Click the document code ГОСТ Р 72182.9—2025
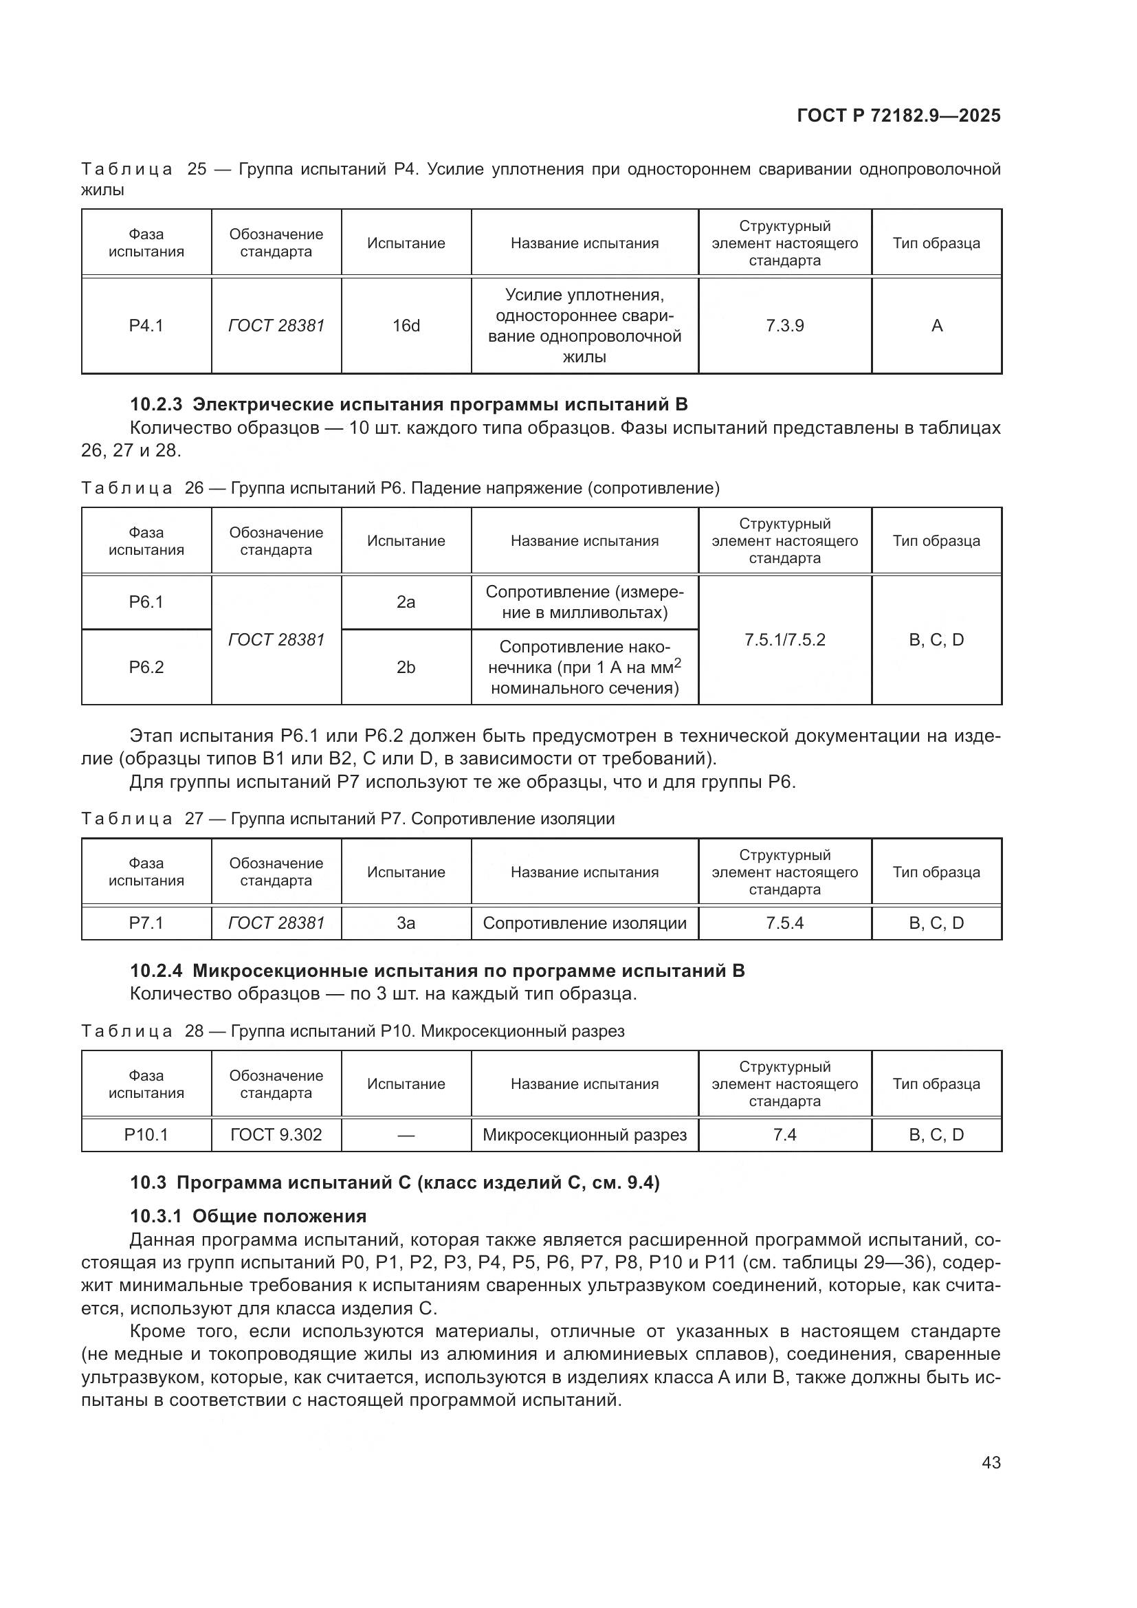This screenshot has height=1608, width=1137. [x=898, y=115]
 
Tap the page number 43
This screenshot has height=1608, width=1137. [x=991, y=1462]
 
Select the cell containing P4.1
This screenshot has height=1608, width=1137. [x=146, y=326]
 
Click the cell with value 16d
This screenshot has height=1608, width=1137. [x=406, y=326]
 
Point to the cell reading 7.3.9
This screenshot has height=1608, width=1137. [x=784, y=326]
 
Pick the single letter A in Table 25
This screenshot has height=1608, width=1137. [x=937, y=326]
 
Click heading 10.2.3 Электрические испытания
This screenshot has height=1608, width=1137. [x=409, y=404]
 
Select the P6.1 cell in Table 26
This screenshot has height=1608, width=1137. [x=146, y=602]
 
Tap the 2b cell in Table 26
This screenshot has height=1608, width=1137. [x=406, y=668]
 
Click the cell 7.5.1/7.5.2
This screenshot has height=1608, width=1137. [x=784, y=639]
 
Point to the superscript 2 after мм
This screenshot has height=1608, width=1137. [x=677, y=662]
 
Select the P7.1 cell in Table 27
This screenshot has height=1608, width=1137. [x=146, y=923]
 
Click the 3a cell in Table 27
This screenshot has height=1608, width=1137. [x=406, y=923]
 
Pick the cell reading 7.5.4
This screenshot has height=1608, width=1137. [x=784, y=923]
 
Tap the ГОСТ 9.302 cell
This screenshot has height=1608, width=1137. [x=276, y=1134]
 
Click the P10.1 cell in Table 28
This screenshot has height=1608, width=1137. [x=146, y=1134]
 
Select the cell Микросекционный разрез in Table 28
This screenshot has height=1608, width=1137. [x=584, y=1134]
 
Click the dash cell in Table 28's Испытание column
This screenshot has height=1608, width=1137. [x=406, y=1134]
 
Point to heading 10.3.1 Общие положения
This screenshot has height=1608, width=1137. [x=249, y=1216]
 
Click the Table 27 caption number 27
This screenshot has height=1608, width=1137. [x=194, y=819]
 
